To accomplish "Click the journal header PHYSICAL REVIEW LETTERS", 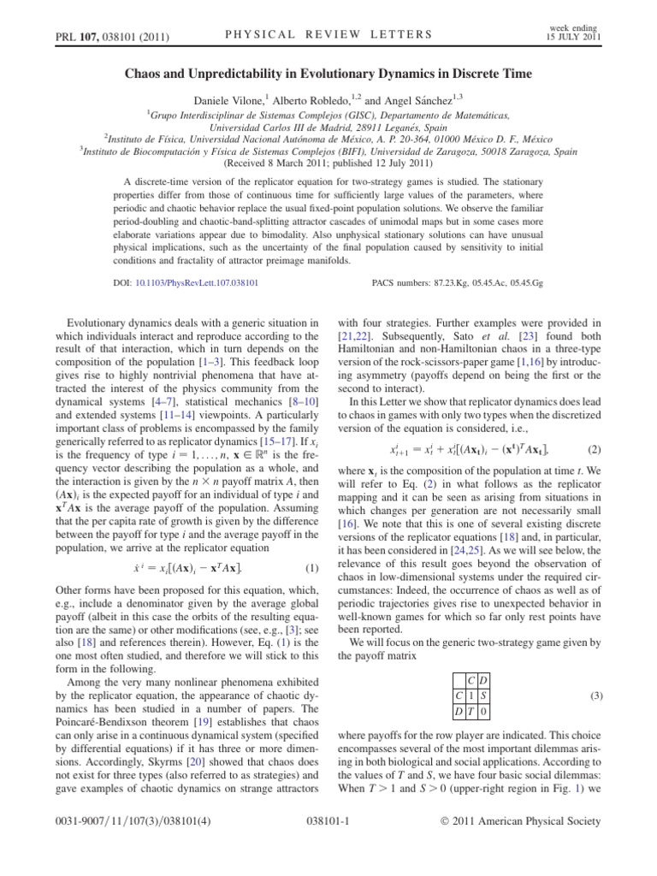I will pos(328,34).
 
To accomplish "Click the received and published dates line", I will pos(328,160).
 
